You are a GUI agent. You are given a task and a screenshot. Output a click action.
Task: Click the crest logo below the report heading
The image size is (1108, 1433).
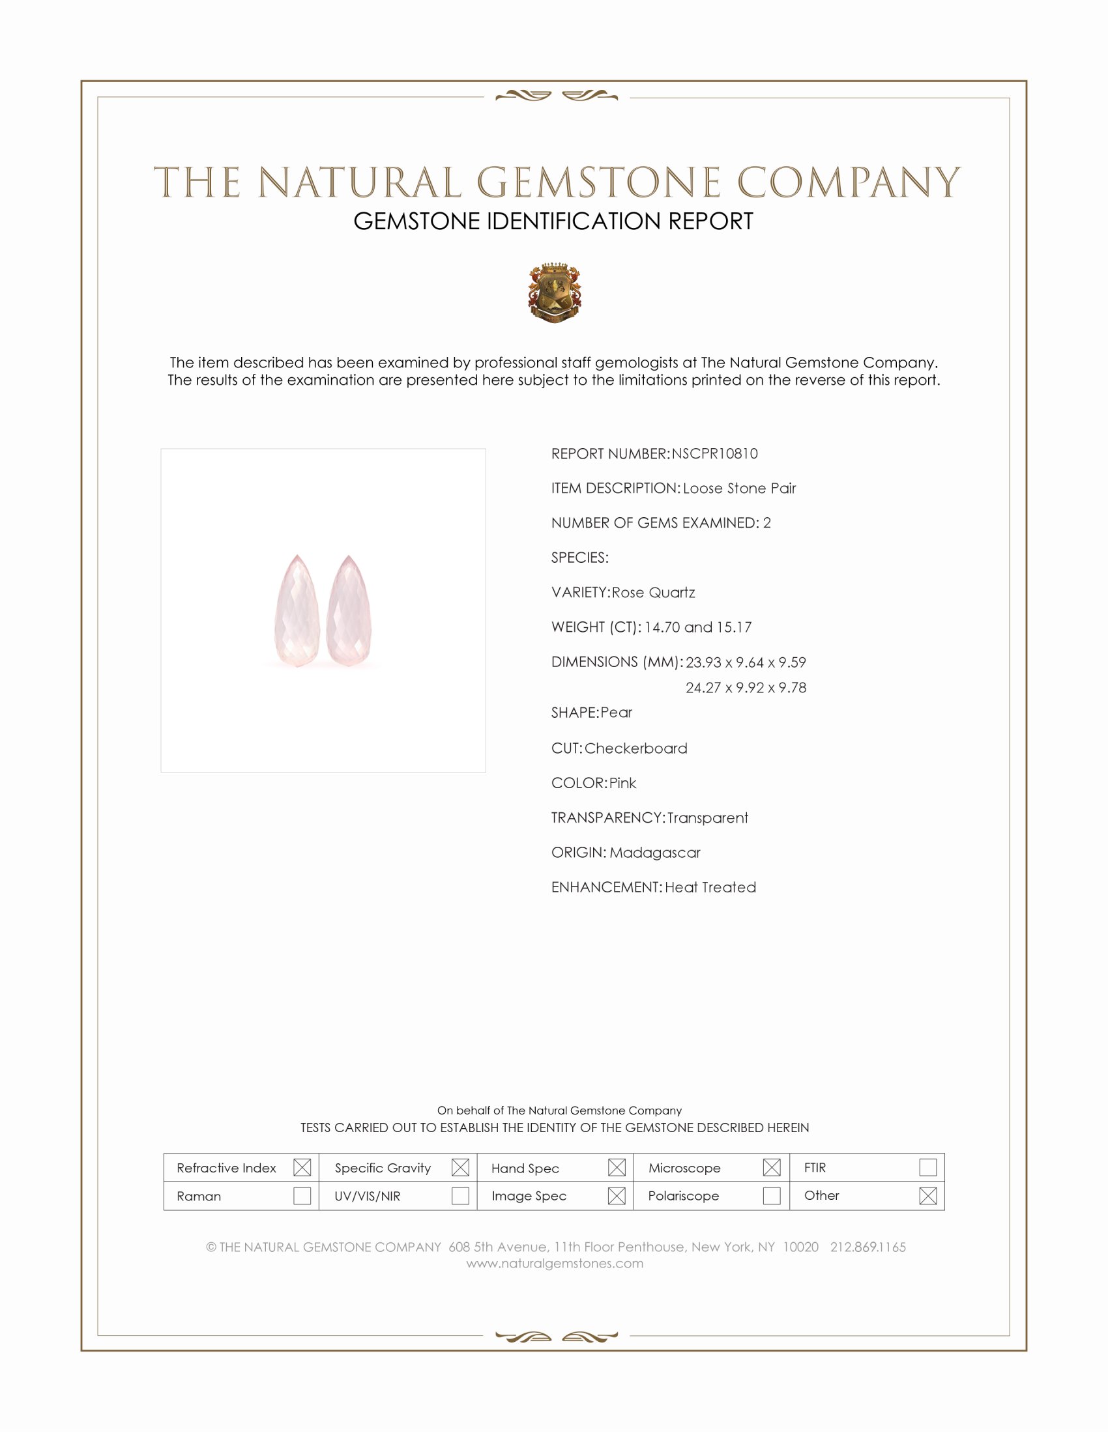(555, 292)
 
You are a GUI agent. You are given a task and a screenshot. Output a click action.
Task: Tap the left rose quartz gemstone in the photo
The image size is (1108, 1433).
(297, 612)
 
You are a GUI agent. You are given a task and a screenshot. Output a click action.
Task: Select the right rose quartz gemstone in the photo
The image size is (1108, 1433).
(349, 612)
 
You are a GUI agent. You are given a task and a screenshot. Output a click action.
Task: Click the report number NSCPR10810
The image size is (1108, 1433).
(714, 454)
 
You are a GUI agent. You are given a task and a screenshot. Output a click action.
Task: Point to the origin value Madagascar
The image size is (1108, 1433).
(654, 853)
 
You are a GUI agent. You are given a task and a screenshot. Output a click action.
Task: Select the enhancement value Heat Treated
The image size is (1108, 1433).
(710, 888)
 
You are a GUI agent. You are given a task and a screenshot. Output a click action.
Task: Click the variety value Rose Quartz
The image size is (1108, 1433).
(653, 593)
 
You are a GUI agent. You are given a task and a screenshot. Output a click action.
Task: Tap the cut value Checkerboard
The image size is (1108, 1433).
(635, 748)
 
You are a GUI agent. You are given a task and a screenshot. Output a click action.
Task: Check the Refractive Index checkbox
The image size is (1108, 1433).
(302, 1167)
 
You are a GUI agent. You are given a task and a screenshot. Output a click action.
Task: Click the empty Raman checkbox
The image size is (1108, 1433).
(302, 1195)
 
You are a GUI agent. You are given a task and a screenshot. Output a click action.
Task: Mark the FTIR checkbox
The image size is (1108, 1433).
(927, 1167)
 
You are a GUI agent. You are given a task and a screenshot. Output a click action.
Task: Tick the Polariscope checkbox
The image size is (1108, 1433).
(772, 1195)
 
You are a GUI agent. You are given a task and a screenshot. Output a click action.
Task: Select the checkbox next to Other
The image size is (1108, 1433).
(927, 1195)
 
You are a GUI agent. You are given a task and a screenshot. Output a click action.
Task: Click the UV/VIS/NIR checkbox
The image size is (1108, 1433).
(460, 1195)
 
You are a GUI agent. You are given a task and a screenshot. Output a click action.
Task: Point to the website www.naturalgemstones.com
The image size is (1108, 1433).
(555, 1264)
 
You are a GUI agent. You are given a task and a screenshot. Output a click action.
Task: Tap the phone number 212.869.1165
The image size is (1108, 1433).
(867, 1247)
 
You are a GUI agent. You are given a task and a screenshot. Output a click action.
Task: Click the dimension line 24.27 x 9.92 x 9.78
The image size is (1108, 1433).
(746, 688)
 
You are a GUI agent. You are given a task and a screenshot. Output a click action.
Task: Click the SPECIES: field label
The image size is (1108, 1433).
(579, 558)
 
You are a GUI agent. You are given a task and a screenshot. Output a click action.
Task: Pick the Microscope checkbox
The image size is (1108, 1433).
(772, 1167)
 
